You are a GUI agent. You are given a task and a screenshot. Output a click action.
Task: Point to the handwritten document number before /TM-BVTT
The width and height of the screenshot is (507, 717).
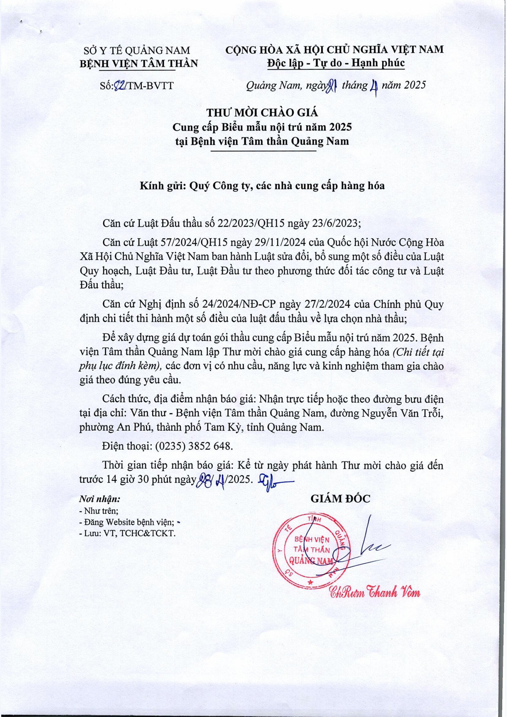pyautogui.click(x=119, y=86)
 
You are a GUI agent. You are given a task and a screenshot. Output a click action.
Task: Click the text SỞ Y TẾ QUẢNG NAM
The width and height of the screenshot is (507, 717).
pyautogui.click(x=138, y=50)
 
